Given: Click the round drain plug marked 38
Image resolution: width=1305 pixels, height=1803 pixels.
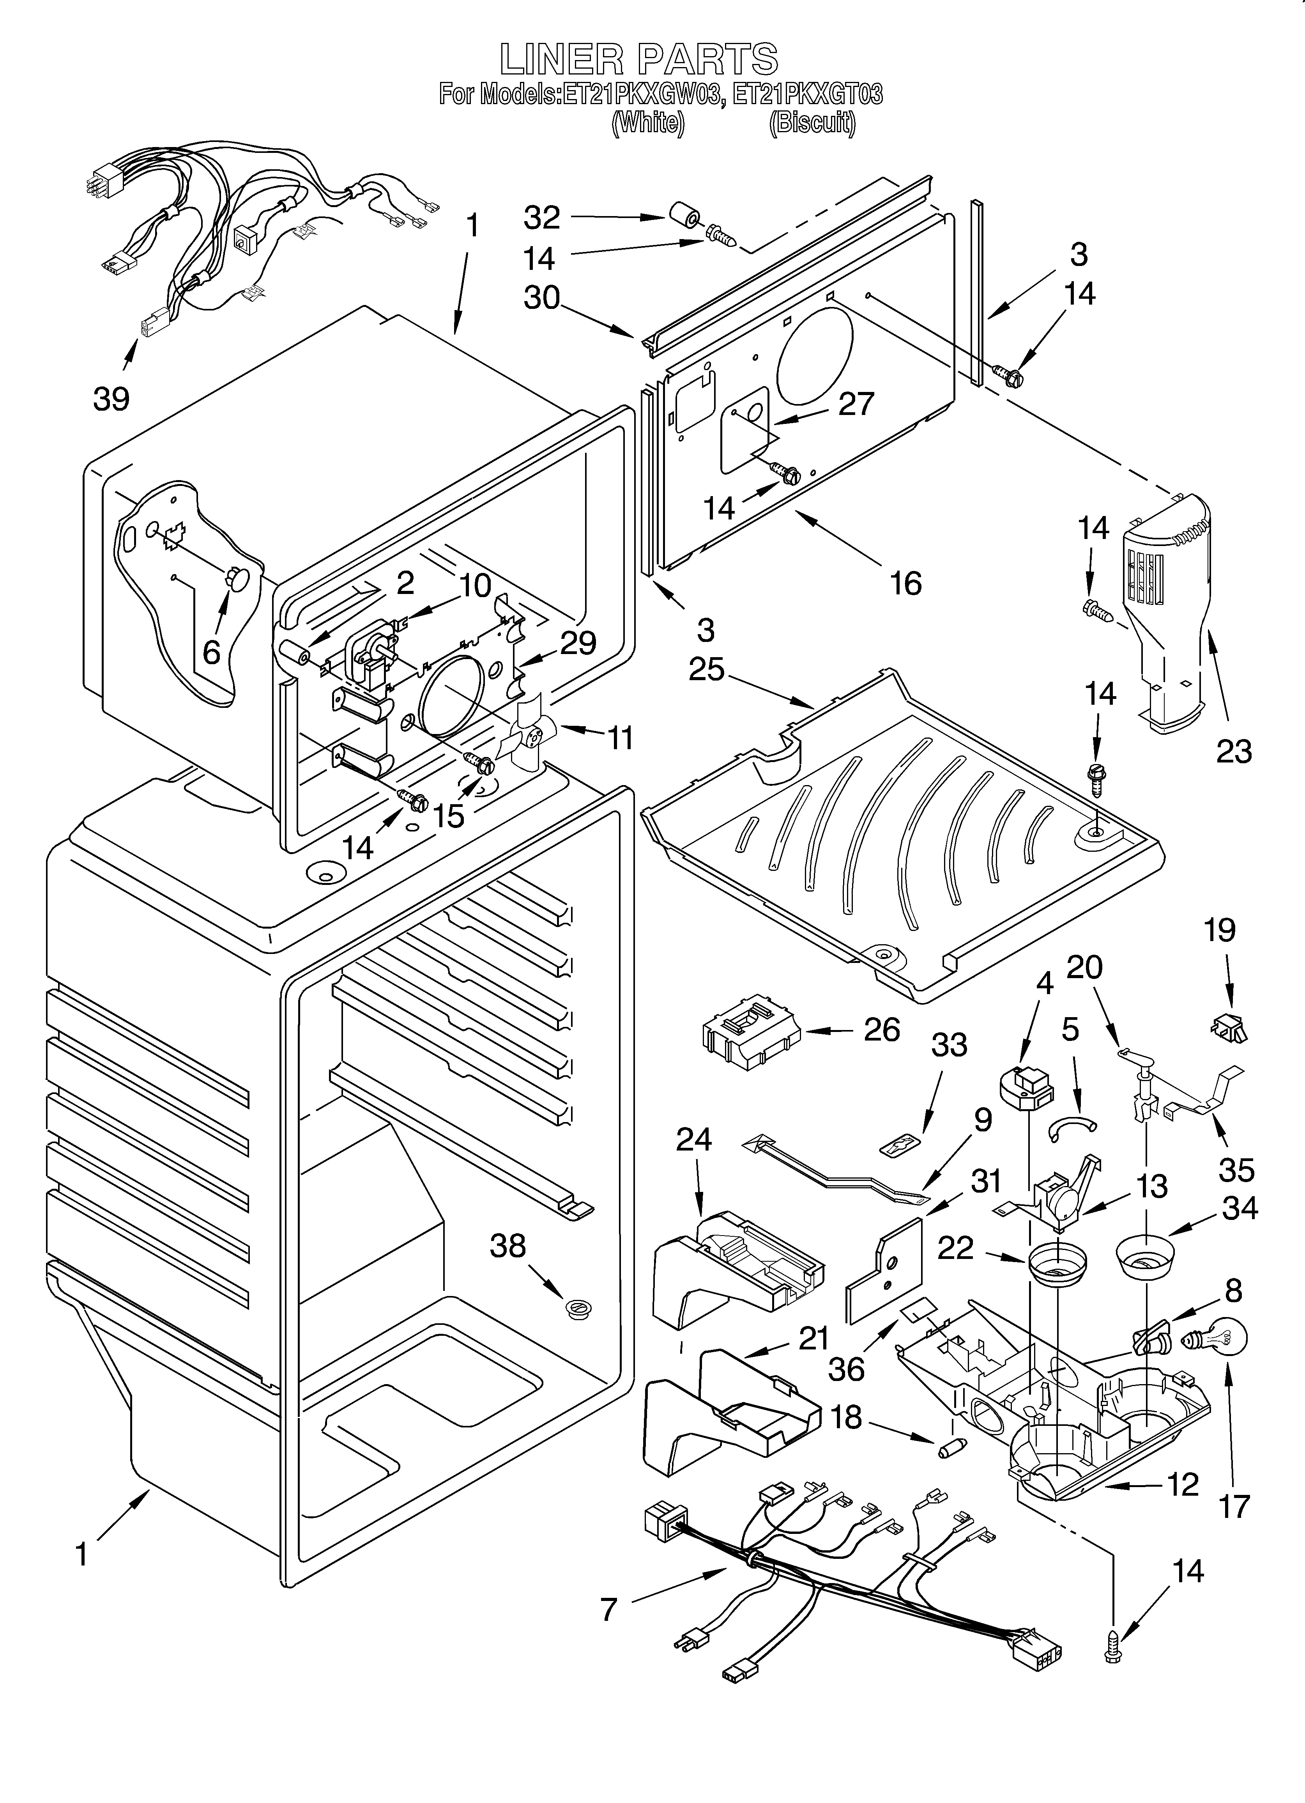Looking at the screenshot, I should (576, 1309).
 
